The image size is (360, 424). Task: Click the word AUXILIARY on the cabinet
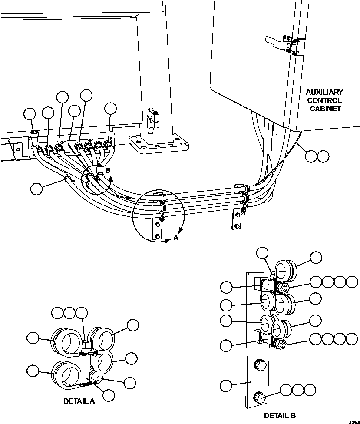324,92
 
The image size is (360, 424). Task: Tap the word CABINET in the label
324,109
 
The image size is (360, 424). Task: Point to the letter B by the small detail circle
108,170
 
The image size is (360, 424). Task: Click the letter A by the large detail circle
175,238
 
